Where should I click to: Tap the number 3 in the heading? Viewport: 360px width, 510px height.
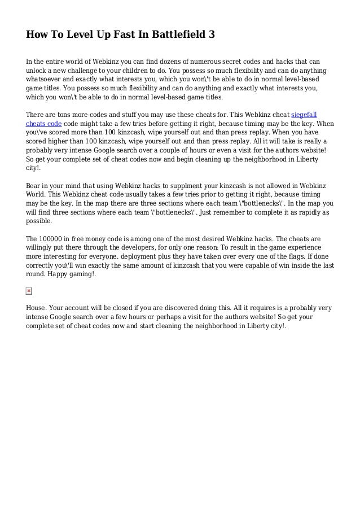pos(212,34)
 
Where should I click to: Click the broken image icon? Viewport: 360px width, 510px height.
pos(29,291)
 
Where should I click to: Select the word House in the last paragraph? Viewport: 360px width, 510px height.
pos(37,308)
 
